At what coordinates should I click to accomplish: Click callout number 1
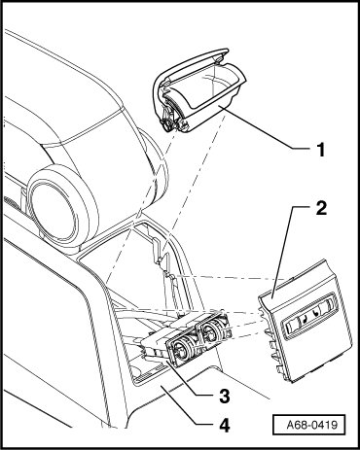[x=320, y=150]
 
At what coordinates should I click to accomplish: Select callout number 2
[x=321, y=208]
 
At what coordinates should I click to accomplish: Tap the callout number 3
[x=224, y=396]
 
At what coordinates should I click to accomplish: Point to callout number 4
[x=224, y=425]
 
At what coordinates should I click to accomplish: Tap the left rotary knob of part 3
[x=180, y=349]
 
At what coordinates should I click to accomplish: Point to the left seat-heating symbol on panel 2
[x=305, y=319]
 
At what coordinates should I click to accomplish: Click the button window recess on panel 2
[x=310, y=316]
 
